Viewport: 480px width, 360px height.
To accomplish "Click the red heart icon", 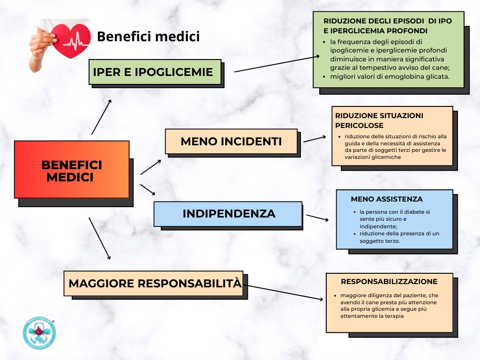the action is point(71,41).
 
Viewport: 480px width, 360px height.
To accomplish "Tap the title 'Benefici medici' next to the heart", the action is point(149,37).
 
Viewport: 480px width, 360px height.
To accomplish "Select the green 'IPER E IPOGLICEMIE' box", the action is point(155,72).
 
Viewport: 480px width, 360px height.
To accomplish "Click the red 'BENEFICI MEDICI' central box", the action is point(72,169).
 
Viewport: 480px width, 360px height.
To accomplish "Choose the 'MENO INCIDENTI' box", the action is point(231,142).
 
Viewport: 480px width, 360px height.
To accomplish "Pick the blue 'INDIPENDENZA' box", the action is point(228,214).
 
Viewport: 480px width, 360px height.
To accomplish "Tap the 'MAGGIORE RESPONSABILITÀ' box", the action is point(153,284).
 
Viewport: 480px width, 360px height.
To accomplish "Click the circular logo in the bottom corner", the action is point(39,333).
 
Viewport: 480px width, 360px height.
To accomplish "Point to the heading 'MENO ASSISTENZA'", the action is point(387,199).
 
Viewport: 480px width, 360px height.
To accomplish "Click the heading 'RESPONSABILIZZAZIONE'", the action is point(389,282).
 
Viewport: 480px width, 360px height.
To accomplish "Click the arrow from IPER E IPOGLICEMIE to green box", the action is point(277,64).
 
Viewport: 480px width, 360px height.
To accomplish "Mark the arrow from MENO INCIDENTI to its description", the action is point(315,139).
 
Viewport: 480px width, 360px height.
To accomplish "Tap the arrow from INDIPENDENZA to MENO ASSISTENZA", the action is point(317,217).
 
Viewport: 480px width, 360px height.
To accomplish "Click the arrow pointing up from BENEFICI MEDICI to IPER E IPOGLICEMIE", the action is point(101,117).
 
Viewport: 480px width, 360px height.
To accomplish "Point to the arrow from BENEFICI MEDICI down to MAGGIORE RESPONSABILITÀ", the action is point(99,239).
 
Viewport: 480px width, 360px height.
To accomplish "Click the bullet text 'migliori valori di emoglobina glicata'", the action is point(390,76).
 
